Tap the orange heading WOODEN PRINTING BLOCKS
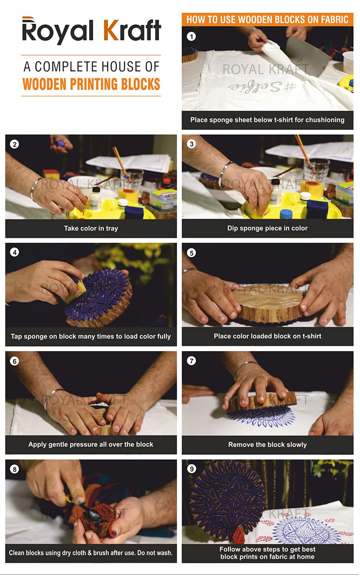[91, 84]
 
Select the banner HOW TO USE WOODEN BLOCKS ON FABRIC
[267, 20]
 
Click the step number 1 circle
[191, 36]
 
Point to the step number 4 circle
[14, 252]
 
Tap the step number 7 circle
[191, 360]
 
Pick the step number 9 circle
[191, 469]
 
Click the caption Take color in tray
[91, 228]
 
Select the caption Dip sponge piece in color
[267, 228]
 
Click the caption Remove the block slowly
[267, 445]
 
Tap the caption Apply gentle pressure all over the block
[91, 444]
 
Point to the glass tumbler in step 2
[132, 179]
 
